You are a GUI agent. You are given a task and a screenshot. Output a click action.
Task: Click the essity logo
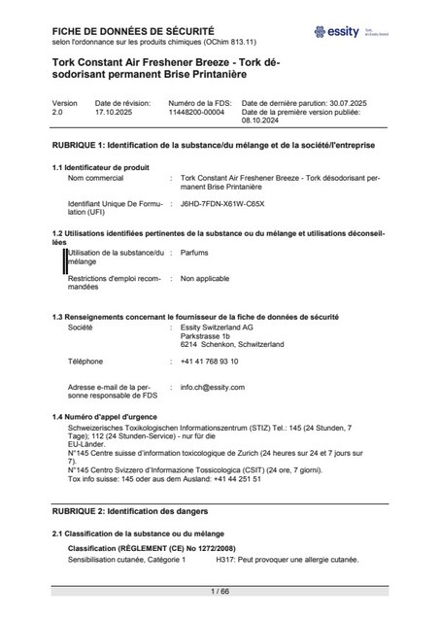337,32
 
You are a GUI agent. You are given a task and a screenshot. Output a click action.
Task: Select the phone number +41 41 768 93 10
209,362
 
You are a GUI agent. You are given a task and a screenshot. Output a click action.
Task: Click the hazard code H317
226,561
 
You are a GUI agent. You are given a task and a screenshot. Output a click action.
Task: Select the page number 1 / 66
220,591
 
